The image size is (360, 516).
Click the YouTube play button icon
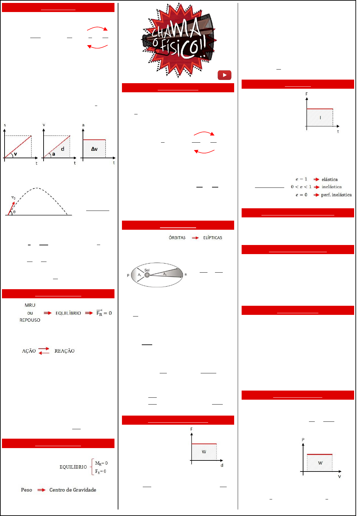(x=224, y=75)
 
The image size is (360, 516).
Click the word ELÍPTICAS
(x=213, y=238)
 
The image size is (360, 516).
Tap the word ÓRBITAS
(x=177, y=238)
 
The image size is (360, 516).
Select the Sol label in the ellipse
(x=147, y=270)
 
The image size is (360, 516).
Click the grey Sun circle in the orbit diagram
(x=147, y=275)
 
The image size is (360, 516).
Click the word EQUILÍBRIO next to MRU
(x=68, y=313)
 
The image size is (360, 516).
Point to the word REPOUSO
(x=30, y=320)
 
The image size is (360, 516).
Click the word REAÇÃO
(x=64, y=351)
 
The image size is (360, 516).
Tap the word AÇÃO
(x=29, y=351)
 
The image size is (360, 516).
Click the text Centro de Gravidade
(x=73, y=490)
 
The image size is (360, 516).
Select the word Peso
(x=27, y=490)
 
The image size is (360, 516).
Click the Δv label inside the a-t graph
(x=94, y=149)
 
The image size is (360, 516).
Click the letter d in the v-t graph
(x=63, y=149)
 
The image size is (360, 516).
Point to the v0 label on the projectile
(x=13, y=198)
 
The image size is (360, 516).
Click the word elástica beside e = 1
(x=329, y=179)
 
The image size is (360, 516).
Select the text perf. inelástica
(x=336, y=195)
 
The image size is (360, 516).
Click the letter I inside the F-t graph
(x=320, y=118)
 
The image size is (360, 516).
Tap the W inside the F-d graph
(x=204, y=452)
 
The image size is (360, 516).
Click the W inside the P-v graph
(x=320, y=463)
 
